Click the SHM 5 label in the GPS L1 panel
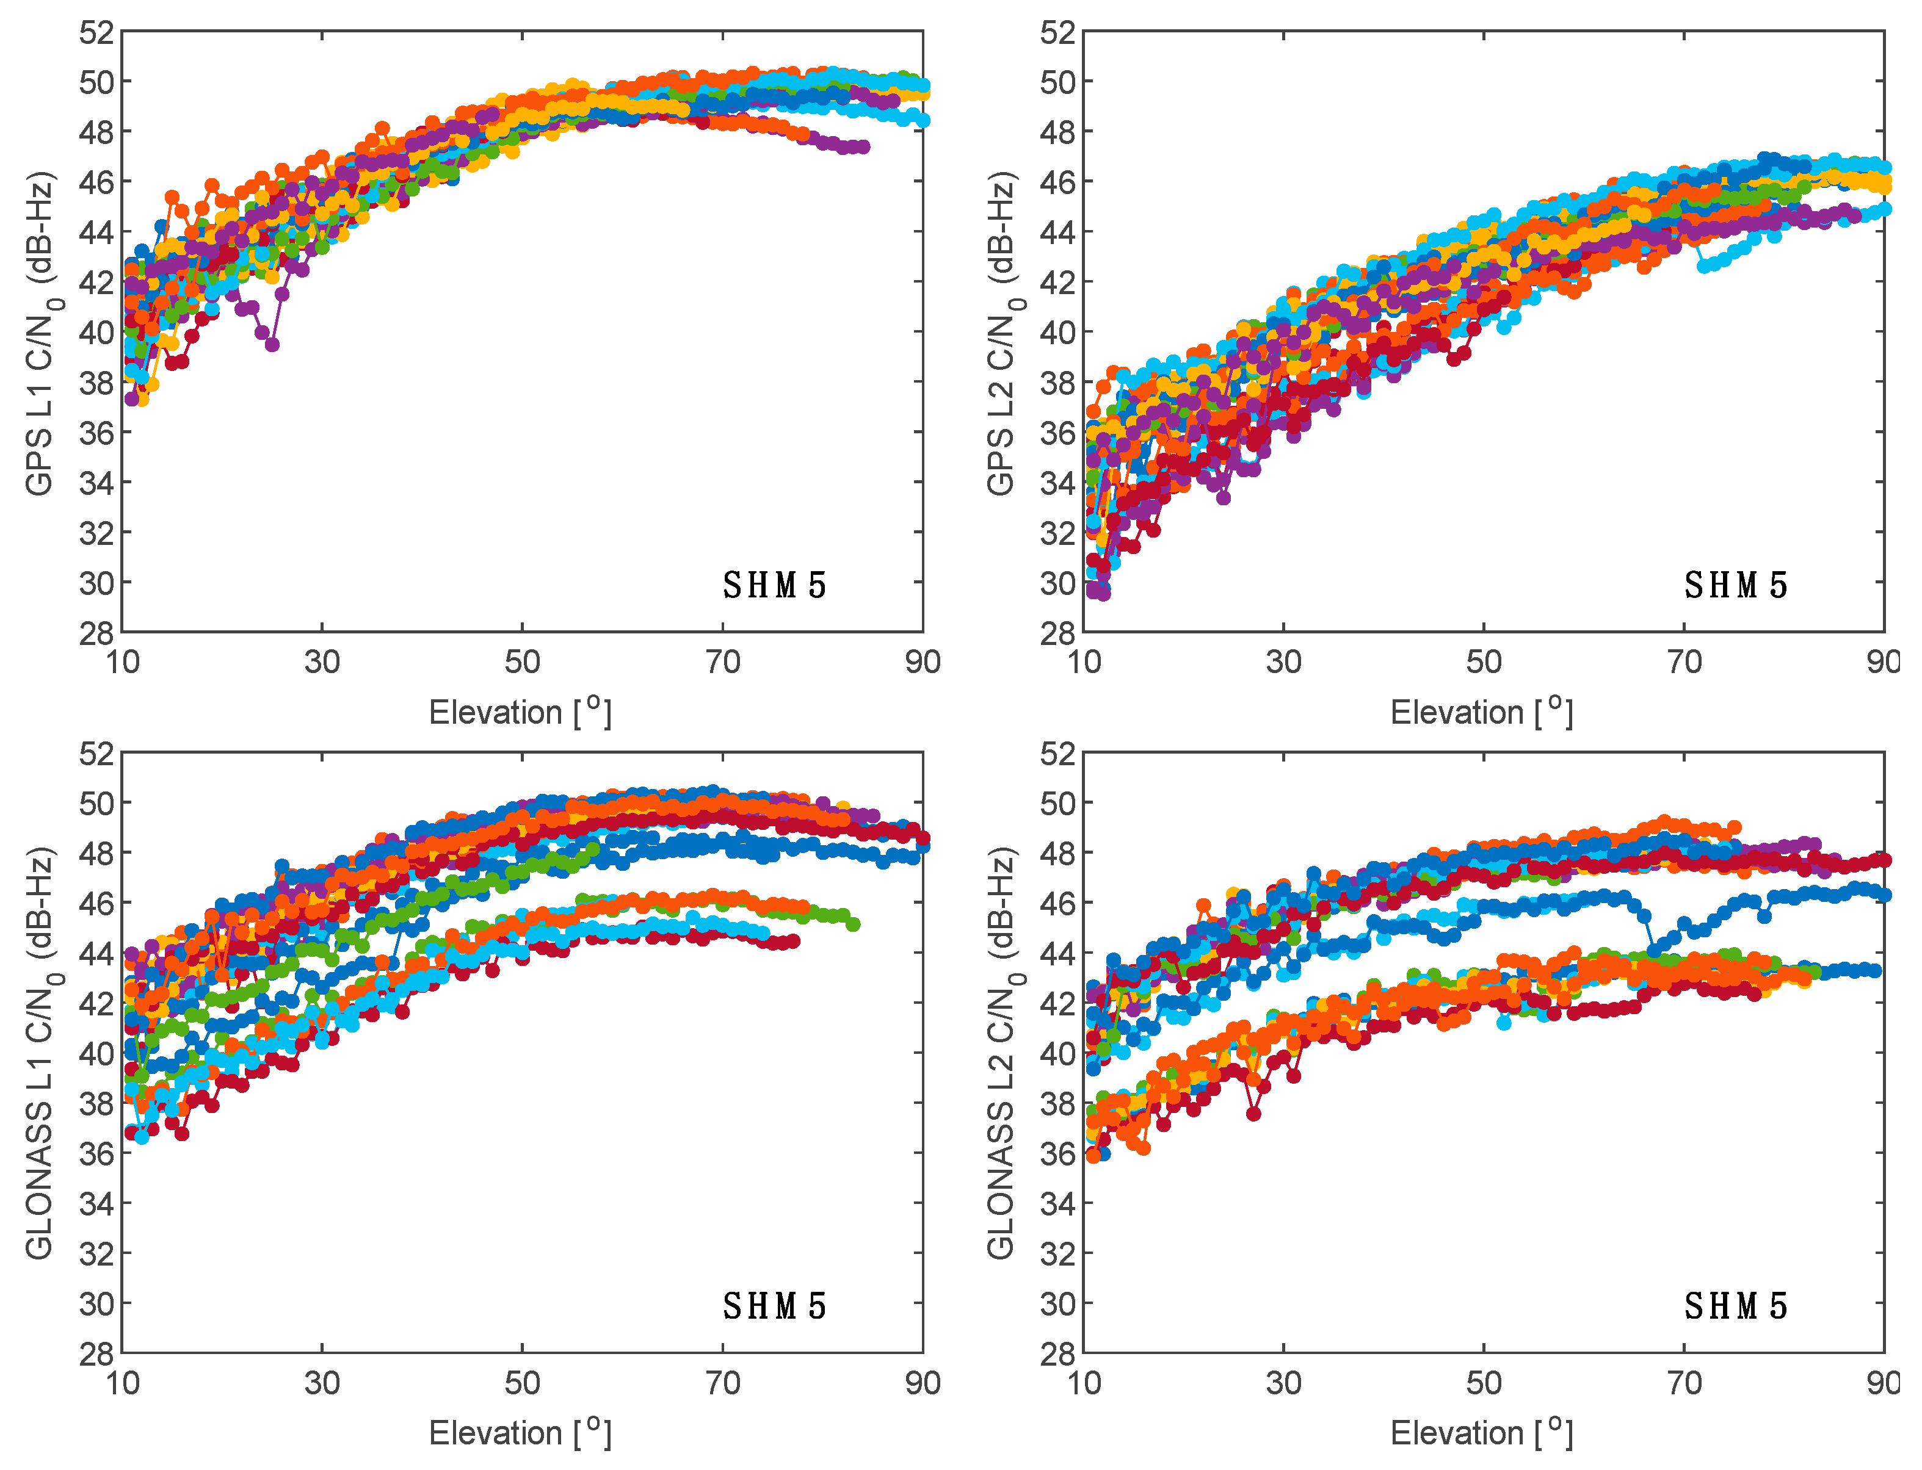775,585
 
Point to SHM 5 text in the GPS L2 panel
1736,585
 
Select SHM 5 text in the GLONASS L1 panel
775,1306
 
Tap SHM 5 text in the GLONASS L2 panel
1736,1306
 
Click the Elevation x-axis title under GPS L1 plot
520,712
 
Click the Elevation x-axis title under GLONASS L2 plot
1482,1433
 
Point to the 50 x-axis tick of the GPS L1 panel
523,662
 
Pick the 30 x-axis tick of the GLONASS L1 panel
322,1383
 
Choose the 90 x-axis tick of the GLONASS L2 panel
1882,1383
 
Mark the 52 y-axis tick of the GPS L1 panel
96,33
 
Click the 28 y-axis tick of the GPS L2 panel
1058,633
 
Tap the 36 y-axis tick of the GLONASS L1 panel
96,1154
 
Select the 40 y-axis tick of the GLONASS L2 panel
1058,1053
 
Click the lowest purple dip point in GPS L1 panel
272,345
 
